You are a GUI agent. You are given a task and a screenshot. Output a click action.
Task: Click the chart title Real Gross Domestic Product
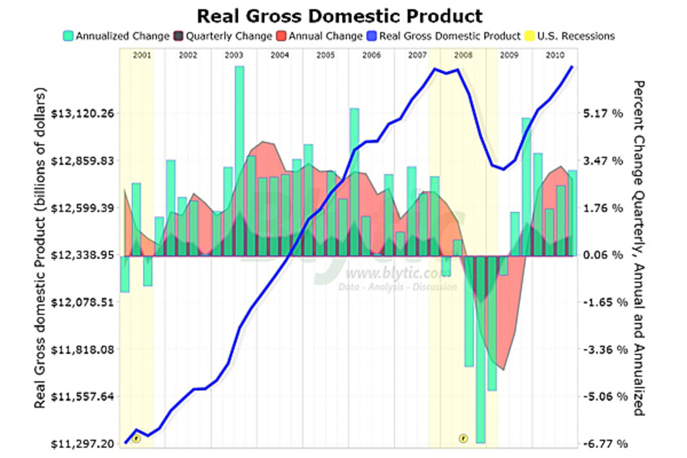click(339, 15)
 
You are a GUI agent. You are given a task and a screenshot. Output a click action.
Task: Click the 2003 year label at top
click(234, 56)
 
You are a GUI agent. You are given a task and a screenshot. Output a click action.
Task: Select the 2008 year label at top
click(463, 56)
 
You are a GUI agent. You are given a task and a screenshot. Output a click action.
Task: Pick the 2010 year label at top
click(553, 56)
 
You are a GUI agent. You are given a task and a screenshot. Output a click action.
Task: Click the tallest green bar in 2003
click(239, 160)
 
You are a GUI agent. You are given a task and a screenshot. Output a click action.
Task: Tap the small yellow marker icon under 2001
click(136, 439)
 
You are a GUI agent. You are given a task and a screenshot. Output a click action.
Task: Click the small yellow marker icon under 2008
click(463, 439)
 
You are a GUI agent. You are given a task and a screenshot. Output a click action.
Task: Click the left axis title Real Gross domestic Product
click(40, 248)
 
